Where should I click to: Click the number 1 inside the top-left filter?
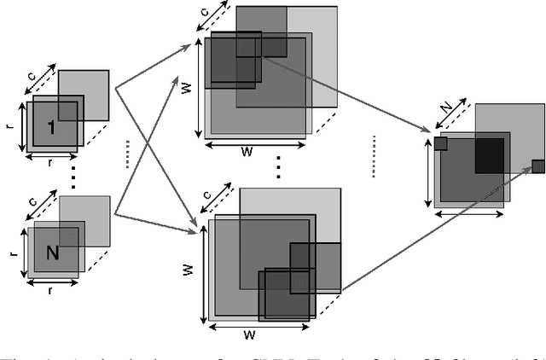[x=52, y=127]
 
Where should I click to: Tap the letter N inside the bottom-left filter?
[x=52, y=253]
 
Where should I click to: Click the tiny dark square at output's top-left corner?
[x=440, y=144]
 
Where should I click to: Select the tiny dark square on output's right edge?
[x=538, y=165]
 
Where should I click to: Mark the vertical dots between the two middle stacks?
[x=279, y=165]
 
